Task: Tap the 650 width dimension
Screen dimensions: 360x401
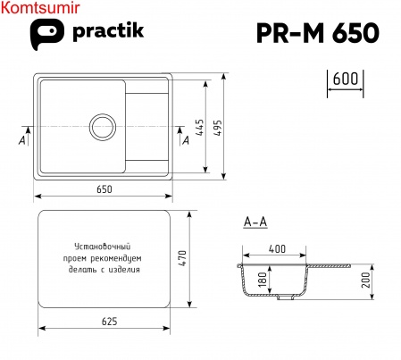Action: (x=104, y=188)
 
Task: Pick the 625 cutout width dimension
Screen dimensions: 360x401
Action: (x=104, y=322)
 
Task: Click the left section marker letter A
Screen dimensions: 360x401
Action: (x=21, y=140)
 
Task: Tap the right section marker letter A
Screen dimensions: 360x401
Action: (x=186, y=140)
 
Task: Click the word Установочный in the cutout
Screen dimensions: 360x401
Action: (x=104, y=246)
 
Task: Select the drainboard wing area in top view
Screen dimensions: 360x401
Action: (x=148, y=124)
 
